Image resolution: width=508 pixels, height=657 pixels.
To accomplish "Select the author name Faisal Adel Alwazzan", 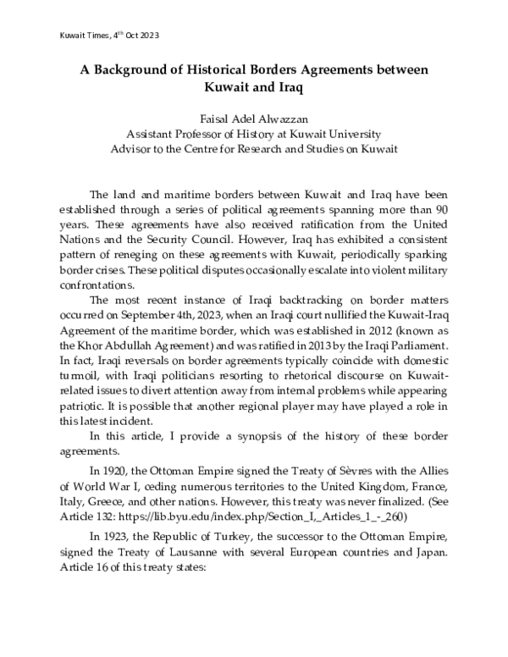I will (253, 119).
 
